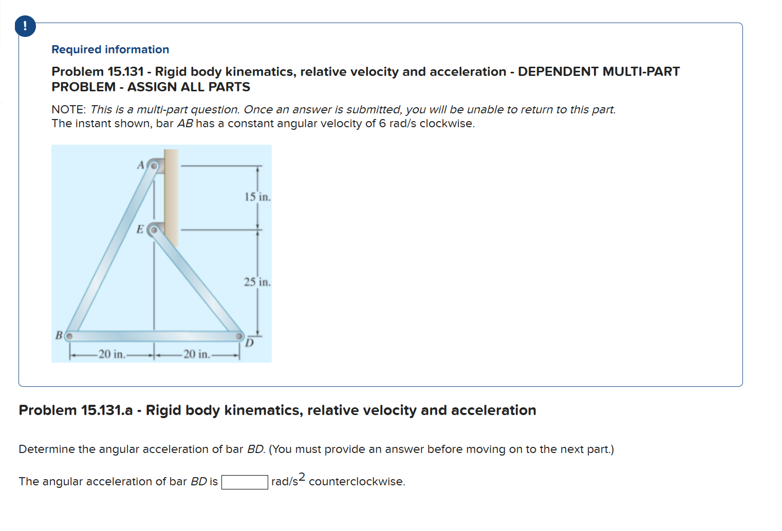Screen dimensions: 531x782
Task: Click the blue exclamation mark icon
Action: click(x=25, y=26)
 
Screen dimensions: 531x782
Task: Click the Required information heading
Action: click(x=110, y=50)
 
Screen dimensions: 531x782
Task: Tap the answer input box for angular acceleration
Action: click(x=245, y=482)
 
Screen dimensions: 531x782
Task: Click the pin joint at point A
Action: click(x=153, y=166)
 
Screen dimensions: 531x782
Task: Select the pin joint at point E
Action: click(x=153, y=230)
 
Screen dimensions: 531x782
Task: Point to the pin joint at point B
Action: click(x=69, y=337)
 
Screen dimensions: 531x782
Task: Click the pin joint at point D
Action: click(x=239, y=336)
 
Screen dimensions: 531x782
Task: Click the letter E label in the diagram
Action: click(x=140, y=229)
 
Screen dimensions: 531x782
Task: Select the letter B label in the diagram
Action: click(x=59, y=336)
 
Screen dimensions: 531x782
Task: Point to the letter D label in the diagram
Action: click(x=249, y=343)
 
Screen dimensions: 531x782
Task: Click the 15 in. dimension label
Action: click(x=257, y=197)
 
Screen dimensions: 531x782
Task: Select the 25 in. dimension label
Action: click(x=257, y=282)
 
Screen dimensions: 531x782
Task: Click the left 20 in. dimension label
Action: click(x=111, y=354)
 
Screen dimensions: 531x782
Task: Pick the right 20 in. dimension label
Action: click(x=196, y=354)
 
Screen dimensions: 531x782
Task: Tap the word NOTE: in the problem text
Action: click(x=68, y=110)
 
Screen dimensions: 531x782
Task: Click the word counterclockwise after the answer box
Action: click(x=357, y=482)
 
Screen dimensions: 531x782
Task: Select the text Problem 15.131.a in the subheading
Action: click(x=76, y=410)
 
